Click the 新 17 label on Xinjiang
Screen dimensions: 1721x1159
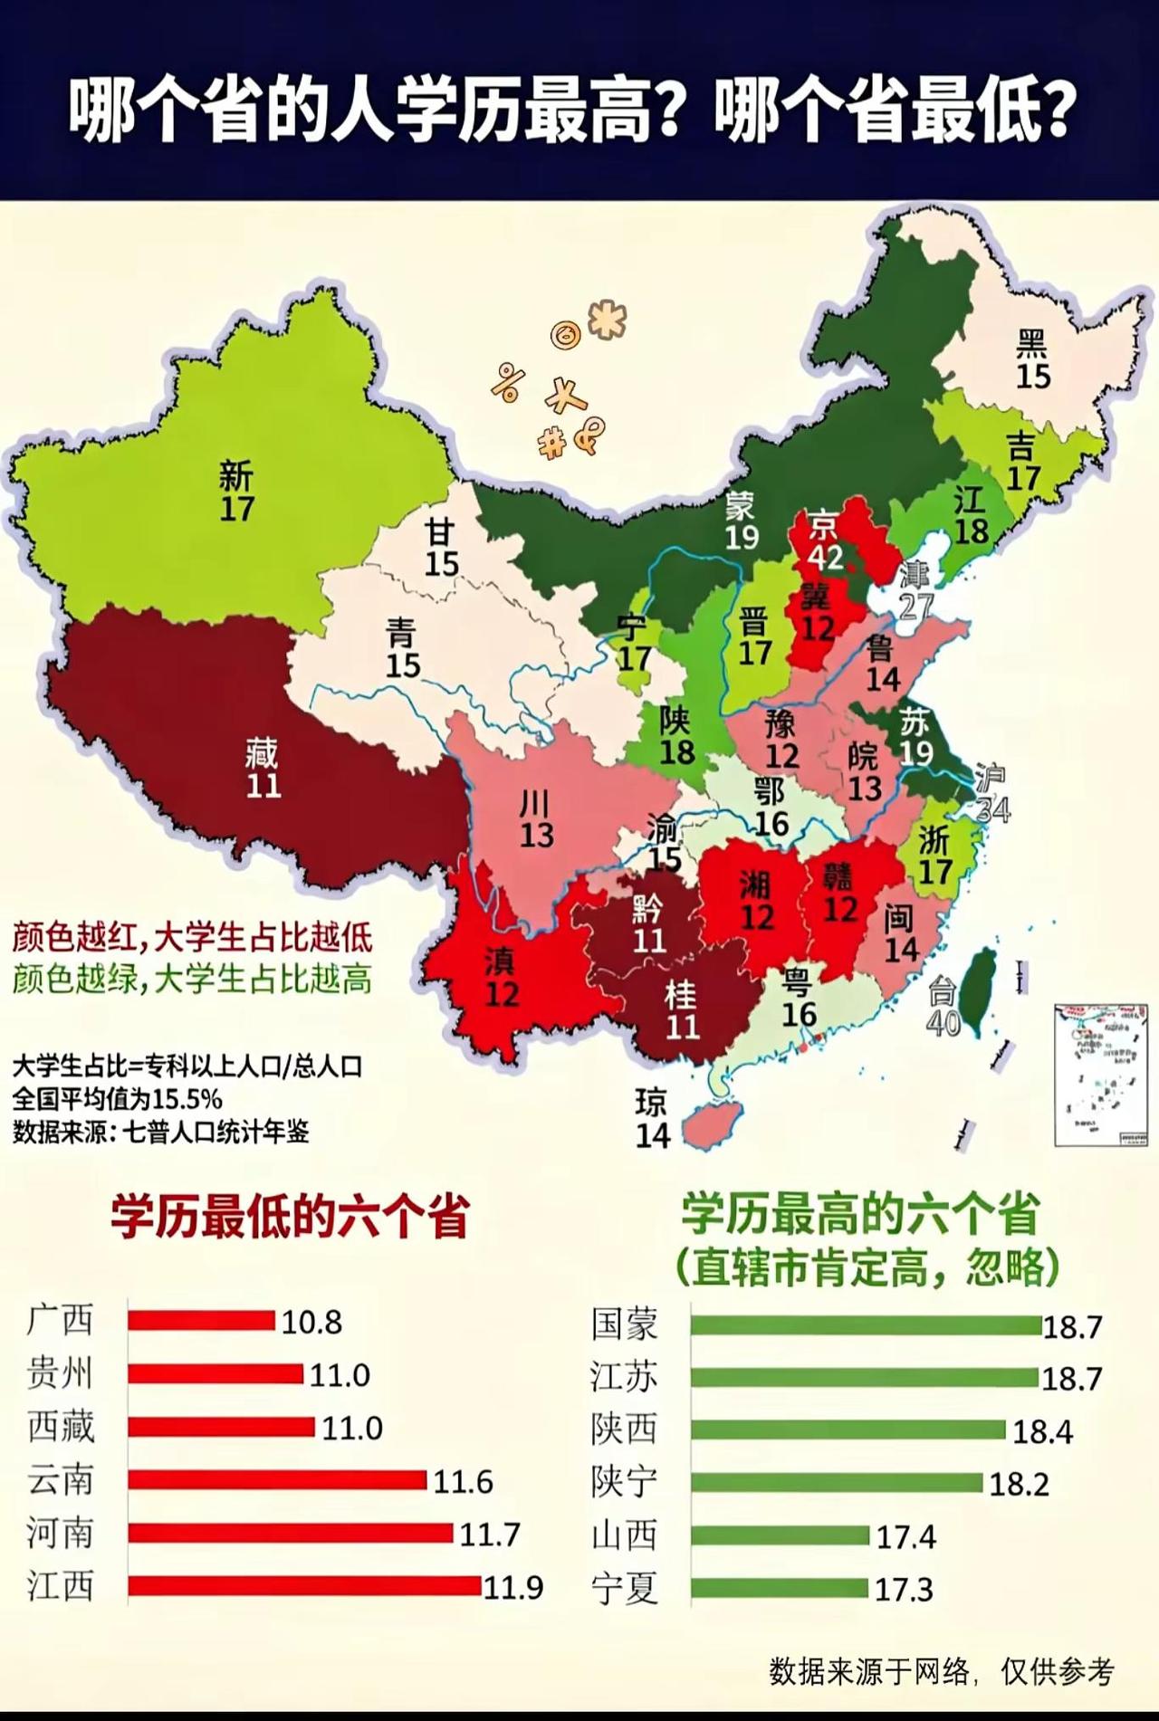point(236,492)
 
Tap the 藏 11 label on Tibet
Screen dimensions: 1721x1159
point(263,769)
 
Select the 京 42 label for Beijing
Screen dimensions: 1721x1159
point(825,541)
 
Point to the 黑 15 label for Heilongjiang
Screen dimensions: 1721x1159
point(1032,359)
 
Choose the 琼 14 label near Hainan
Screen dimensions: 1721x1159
point(652,1119)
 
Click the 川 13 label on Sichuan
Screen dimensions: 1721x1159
point(536,819)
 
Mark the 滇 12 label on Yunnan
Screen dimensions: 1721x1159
point(501,978)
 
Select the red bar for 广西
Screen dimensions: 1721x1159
point(201,1321)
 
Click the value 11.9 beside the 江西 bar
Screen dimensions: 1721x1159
point(513,1587)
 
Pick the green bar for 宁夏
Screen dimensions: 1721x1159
point(779,1589)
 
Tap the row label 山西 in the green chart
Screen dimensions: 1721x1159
point(624,1535)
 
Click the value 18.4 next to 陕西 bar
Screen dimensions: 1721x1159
point(1042,1431)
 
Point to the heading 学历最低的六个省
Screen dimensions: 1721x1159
point(290,1216)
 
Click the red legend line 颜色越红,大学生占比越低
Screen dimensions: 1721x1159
point(192,938)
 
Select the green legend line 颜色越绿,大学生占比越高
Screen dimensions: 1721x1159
point(192,979)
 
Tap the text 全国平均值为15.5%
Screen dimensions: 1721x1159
point(117,1099)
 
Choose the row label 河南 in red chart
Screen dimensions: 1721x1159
point(60,1534)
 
